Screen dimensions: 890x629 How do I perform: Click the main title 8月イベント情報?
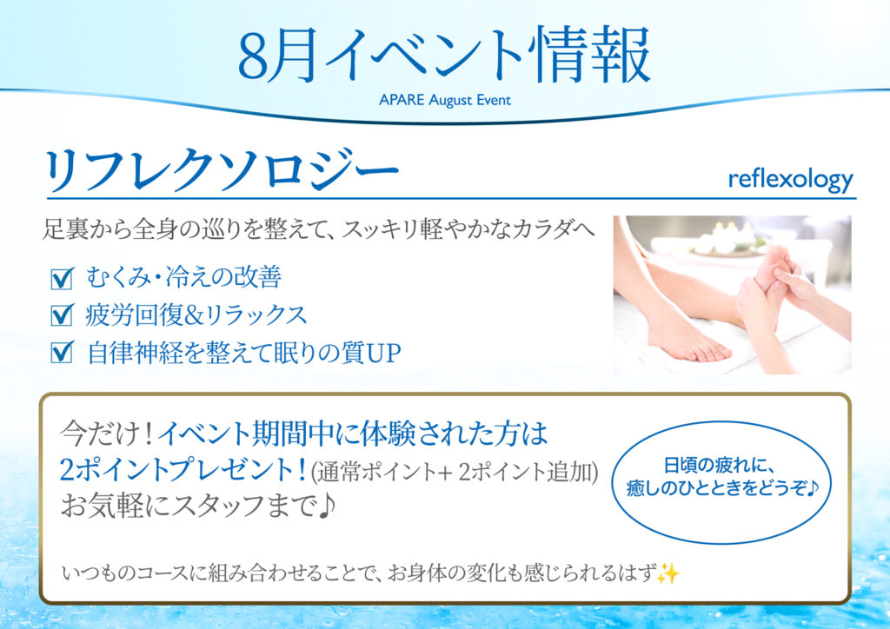(x=444, y=55)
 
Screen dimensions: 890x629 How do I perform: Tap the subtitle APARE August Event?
(x=445, y=101)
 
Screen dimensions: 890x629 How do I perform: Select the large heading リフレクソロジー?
(x=222, y=171)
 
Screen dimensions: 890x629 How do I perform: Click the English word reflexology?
(x=791, y=180)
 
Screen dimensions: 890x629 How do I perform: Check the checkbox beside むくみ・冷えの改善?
(x=62, y=279)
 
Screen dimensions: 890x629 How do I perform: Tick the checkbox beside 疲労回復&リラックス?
(x=62, y=314)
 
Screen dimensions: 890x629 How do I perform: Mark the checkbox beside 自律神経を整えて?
(x=62, y=352)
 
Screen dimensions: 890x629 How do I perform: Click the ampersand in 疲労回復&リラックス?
(x=194, y=316)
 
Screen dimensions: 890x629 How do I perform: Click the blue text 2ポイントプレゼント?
(x=183, y=470)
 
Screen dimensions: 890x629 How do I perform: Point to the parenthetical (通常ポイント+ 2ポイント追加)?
(x=454, y=472)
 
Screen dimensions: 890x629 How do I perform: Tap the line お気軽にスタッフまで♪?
(x=197, y=506)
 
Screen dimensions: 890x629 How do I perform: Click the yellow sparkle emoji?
(x=668, y=573)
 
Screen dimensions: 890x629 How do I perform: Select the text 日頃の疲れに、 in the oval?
(x=719, y=467)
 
